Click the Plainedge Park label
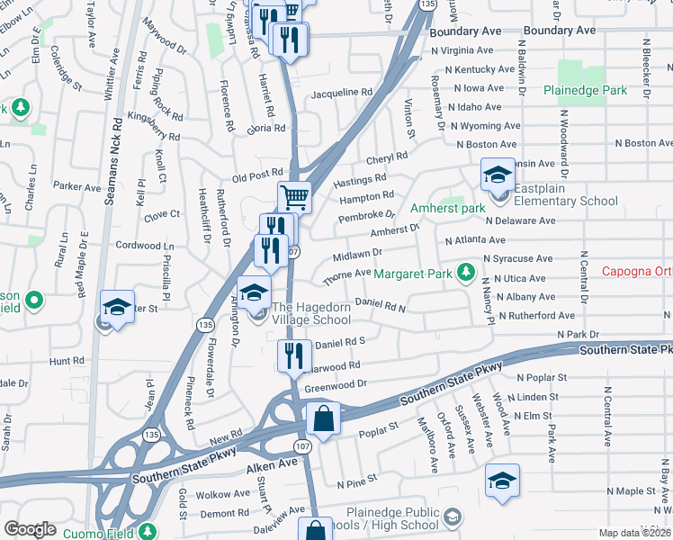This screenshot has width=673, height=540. click(585, 90)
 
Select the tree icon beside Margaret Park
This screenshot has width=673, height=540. click(465, 271)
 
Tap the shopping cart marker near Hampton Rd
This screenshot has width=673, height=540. click(294, 195)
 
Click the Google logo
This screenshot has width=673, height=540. click(30, 529)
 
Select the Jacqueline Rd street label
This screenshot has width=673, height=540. click(342, 93)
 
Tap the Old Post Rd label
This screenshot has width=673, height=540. click(257, 175)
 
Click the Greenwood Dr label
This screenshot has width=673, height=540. click(336, 385)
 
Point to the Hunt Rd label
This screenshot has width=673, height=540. click(67, 361)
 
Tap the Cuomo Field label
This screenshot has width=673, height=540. click(98, 532)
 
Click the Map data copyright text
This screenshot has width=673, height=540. click(635, 533)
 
